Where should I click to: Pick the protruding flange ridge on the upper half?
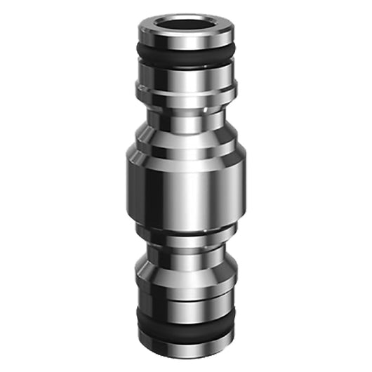tap(186, 90)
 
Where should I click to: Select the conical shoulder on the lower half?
tap(186, 263)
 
